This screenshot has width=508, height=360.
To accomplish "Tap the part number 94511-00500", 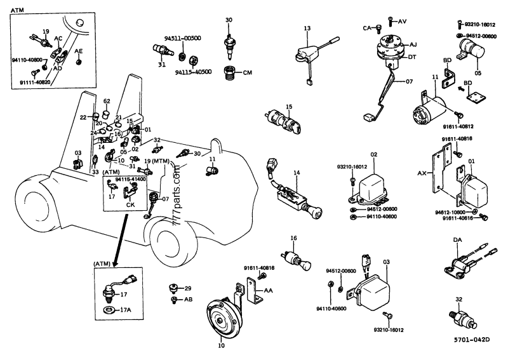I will pos(185,38).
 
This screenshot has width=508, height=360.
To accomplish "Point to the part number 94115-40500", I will pos(193,72).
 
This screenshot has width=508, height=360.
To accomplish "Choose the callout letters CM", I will pos(247,73).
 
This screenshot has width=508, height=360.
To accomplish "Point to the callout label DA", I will pos(457,240).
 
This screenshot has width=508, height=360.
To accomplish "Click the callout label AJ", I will pos(413,46).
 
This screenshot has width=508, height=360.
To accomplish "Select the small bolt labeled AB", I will pos(175,298).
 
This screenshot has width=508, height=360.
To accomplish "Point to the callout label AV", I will pos(403,21).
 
